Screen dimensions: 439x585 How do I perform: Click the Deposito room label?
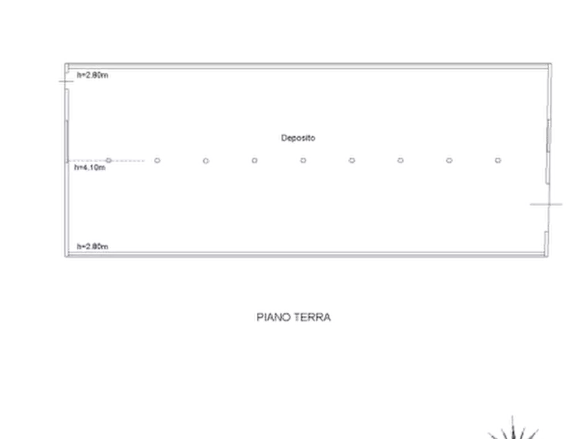point(299,138)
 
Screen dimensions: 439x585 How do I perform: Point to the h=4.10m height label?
point(91,167)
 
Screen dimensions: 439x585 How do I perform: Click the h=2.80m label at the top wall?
point(92,75)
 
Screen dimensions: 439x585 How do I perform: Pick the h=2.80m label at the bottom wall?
point(92,246)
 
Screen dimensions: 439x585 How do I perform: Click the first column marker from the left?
point(109,158)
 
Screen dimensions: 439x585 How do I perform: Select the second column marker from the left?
point(157,158)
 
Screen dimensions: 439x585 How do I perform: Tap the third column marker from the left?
point(206,158)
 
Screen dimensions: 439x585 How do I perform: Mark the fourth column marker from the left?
point(254,158)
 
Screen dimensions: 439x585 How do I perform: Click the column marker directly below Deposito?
point(303,158)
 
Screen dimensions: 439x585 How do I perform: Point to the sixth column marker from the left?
point(351,158)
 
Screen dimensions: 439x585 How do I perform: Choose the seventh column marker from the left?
point(400,158)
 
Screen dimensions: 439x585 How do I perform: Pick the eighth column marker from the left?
point(449,158)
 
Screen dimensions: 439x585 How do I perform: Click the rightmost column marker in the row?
point(498,158)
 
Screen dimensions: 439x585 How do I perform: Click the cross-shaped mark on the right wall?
point(546,206)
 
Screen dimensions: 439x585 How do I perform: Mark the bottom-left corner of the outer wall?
point(61,259)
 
